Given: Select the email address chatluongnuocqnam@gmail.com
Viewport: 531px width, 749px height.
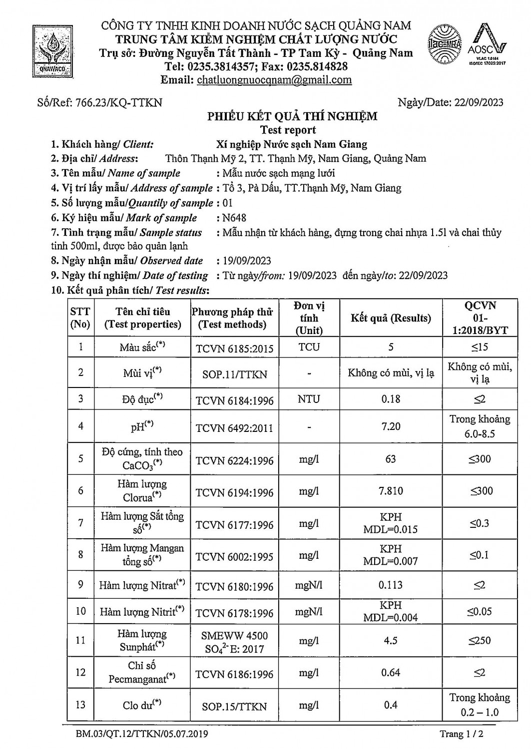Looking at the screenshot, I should click(274, 80).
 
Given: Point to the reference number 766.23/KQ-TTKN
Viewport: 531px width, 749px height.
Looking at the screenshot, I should click(118, 103).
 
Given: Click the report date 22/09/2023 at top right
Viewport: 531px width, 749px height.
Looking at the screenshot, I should click(479, 103).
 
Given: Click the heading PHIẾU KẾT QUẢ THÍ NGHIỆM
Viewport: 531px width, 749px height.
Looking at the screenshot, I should click(292, 116).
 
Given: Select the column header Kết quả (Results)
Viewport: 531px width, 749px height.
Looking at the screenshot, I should click(391, 318).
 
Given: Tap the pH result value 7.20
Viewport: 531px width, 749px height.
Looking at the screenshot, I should click(391, 426).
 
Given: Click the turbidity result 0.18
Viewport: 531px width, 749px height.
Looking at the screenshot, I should click(391, 399).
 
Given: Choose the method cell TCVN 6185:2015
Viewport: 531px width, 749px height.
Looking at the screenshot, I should click(234, 348).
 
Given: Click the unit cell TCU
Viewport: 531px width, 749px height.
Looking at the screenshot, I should click(309, 347).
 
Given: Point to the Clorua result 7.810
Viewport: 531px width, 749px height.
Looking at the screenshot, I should click(391, 491).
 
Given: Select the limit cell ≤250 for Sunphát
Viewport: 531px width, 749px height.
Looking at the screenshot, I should click(480, 640).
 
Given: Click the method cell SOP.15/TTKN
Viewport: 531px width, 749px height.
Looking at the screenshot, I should click(234, 707).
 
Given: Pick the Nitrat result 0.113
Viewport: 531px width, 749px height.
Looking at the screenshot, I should click(391, 585).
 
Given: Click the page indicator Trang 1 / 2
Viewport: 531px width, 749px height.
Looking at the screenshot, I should click(461, 734).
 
